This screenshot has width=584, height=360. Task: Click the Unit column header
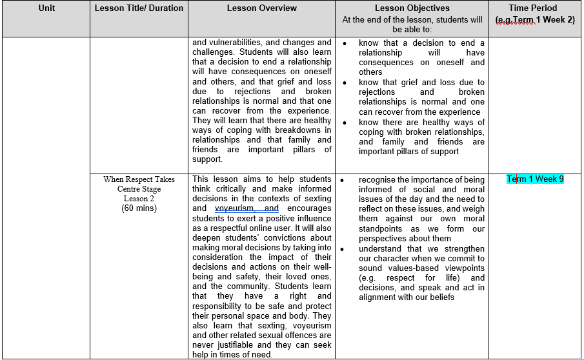pyautogui.click(x=46, y=8)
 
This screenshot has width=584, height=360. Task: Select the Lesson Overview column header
pyautogui.click(x=262, y=8)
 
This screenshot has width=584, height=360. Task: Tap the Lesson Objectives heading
pyautogui.click(x=412, y=8)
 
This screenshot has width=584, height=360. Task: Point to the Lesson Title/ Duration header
pyautogui.click(x=139, y=8)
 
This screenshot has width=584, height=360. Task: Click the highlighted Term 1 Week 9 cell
pyautogui.click(x=535, y=179)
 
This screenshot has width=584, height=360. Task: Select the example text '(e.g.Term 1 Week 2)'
pyautogui.click(x=535, y=19)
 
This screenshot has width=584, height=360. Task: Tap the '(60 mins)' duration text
pyautogui.click(x=139, y=208)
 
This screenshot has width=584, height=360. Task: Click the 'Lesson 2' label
pyautogui.click(x=139, y=199)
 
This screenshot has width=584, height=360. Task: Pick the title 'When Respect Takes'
pyautogui.click(x=139, y=179)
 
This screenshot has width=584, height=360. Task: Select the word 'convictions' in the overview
pyautogui.click(x=308, y=237)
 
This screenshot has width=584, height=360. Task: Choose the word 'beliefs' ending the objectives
pyautogui.click(x=439, y=297)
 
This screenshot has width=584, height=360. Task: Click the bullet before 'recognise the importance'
pyautogui.click(x=345, y=179)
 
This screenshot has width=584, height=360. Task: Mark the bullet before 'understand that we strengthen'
pyautogui.click(x=345, y=248)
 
